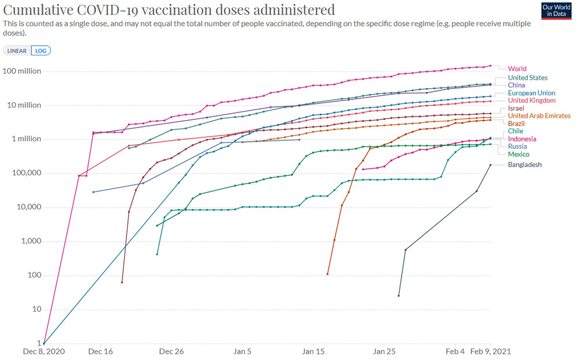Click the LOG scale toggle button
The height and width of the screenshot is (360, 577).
click(41, 50)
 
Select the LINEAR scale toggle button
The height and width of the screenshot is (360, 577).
click(17, 50)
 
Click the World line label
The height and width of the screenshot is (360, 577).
click(517, 69)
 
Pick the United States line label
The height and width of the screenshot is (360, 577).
click(527, 77)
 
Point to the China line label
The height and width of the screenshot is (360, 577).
click(517, 85)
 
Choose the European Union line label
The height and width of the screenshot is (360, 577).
click(531, 93)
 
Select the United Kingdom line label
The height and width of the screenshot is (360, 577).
click(531, 100)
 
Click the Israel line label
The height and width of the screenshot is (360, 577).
click(516, 108)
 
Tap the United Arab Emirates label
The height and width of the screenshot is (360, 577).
click(539, 116)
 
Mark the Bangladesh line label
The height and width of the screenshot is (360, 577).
click(524, 165)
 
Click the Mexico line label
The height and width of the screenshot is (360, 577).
click(519, 154)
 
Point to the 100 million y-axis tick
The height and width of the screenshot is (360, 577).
click(22, 72)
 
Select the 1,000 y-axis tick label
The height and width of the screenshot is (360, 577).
click(30, 241)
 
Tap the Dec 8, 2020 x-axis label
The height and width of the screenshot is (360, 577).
click(44, 351)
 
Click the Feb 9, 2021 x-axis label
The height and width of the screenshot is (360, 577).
click(490, 351)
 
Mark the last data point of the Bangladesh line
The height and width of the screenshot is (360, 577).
click(490, 165)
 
